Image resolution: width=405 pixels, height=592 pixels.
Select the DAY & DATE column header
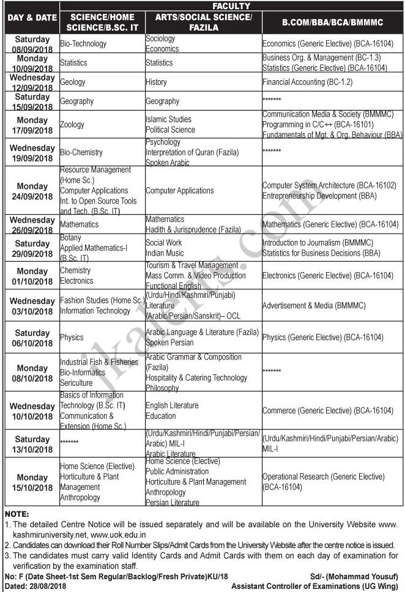(31, 18)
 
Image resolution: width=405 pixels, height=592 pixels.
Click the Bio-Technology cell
(83, 44)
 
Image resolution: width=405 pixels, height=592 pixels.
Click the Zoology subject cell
(72, 124)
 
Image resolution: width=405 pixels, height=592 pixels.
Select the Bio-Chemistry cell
(81, 152)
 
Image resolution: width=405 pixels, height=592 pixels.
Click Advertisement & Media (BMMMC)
(313, 305)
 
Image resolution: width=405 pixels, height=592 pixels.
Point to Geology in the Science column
(73, 82)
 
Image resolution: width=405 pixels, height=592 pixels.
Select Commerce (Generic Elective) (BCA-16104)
(327, 410)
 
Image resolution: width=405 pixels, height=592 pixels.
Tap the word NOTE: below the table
(17, 514)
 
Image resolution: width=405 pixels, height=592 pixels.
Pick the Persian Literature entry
(172, 503)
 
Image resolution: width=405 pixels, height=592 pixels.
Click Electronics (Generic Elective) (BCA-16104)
(327, 276)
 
